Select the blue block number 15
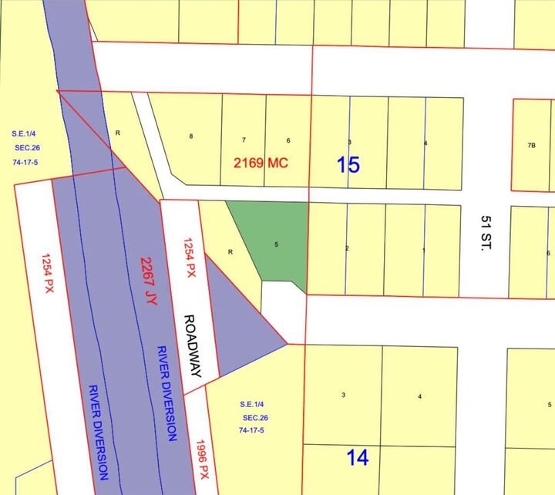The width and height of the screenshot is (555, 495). pos(348,164)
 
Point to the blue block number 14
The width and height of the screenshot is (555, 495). pos(357,457)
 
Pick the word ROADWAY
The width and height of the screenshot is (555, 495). pos(193,345)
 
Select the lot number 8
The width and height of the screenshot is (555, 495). pos(190,136)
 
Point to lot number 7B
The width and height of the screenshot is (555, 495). pos(531,145)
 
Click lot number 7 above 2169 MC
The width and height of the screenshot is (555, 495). pos(244,140)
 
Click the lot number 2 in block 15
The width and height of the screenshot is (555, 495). pos(348,248)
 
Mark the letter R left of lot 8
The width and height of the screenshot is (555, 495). pos(118,133)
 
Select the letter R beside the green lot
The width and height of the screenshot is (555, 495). pos(230,252)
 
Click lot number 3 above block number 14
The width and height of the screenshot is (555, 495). pos(343,395)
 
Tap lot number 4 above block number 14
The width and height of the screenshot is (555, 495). pos(419,396)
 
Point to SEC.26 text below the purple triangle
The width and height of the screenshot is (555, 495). pos(253,416)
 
